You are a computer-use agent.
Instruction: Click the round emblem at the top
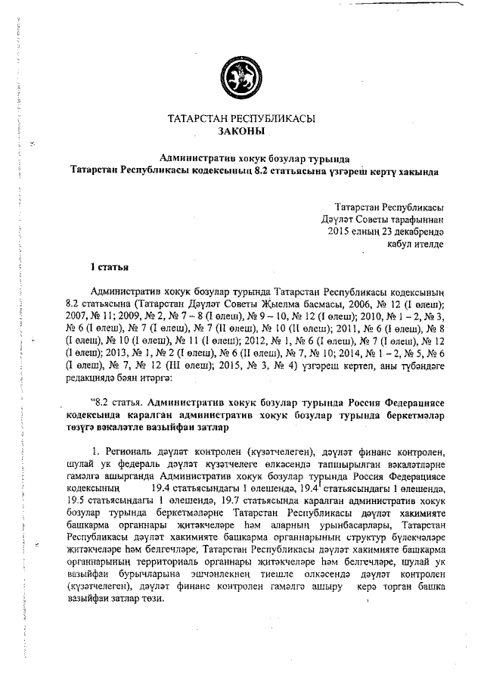pos(241,75)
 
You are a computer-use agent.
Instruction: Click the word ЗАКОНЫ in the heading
pos(241,131)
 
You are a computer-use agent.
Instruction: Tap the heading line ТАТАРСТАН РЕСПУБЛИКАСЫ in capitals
pos(241,119)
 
